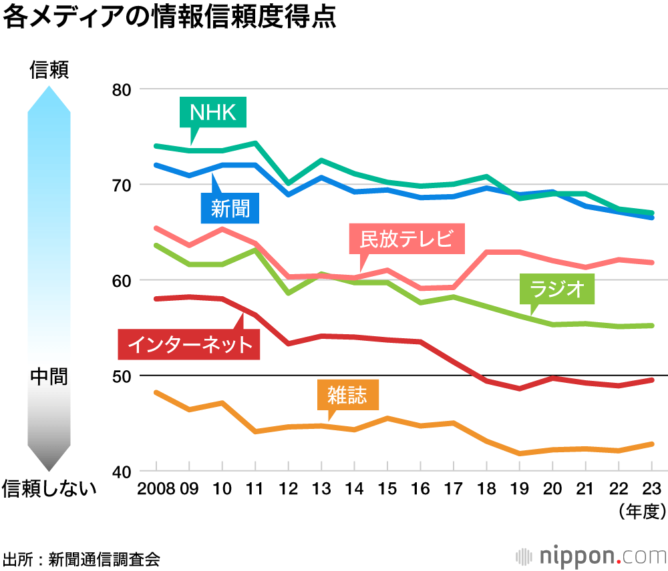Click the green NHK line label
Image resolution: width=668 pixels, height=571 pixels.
[213, 113]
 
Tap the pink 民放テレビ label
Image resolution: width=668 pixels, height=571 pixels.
[406, 239]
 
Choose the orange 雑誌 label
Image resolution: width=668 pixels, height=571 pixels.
[347, 395]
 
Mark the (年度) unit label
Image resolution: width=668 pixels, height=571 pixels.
[642, 512]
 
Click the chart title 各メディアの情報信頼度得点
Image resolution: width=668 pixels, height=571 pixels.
[169, 18]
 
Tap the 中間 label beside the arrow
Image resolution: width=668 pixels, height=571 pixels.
[49, 376]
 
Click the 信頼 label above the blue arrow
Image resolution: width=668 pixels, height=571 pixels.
[49, 70]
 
